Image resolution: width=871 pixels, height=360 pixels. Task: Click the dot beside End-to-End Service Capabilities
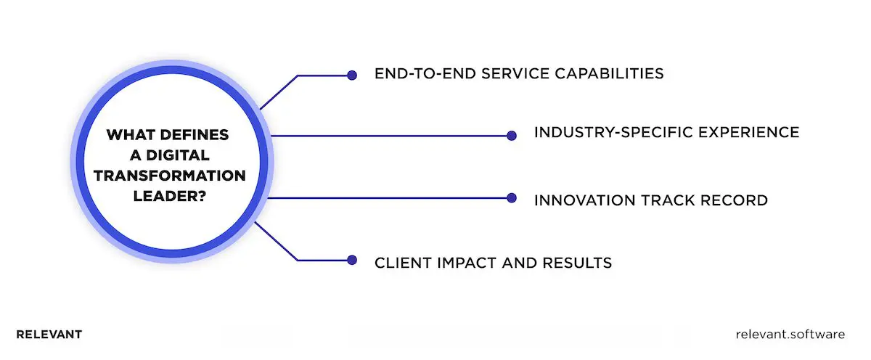352,75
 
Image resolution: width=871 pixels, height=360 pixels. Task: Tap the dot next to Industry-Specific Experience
511,135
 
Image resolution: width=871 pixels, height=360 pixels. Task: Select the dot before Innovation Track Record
511,197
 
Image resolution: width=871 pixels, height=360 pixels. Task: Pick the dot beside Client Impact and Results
352,260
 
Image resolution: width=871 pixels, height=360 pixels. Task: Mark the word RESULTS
577,263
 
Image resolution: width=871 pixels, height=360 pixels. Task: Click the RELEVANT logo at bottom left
49,335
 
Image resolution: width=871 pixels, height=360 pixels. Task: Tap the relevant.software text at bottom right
790,335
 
